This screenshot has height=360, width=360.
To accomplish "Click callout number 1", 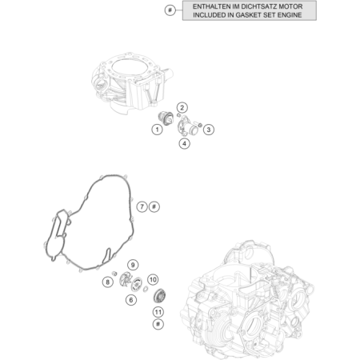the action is point(157,130).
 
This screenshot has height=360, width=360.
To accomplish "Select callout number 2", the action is point(182,108).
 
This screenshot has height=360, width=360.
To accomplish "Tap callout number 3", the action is point(209,130).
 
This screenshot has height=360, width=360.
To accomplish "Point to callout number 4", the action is point(184,144).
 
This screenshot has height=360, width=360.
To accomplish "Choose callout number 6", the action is point(131,300).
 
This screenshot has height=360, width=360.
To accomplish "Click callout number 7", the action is point(142,206).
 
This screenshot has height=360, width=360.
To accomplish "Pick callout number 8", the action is point(108,282).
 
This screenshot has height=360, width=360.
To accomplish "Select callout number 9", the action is point(133,265).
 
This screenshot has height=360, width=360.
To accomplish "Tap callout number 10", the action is point(153,280).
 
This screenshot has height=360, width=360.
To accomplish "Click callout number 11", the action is point(158,312).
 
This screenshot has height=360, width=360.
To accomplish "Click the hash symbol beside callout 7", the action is point(154,206).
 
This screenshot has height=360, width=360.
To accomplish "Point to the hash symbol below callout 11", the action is point(158,324).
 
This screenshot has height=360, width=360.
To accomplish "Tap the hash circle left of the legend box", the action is point(170,10).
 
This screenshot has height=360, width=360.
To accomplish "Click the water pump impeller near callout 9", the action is point(125,279).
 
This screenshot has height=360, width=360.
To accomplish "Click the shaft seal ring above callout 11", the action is point(160,296).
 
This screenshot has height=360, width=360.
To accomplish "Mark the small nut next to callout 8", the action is point(114,274).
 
